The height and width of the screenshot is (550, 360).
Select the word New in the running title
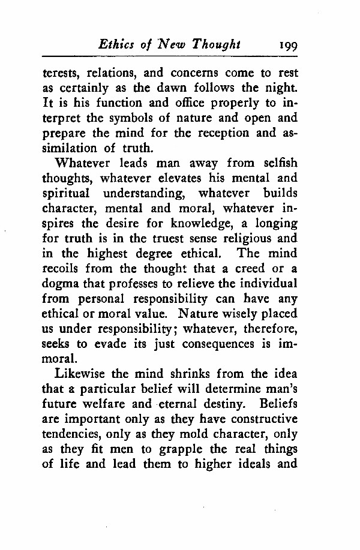171,44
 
